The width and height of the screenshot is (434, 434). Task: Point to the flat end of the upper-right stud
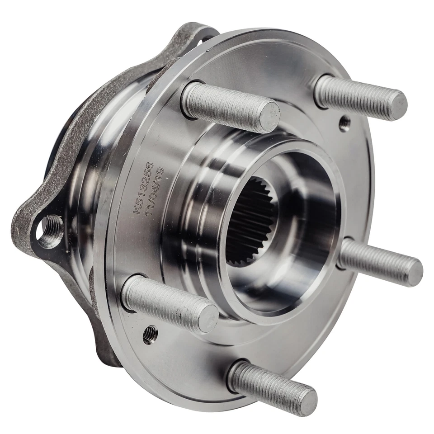pos(398,105)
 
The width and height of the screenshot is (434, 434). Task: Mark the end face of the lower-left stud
pos(208,317)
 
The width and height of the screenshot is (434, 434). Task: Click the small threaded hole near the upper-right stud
pos(345,123)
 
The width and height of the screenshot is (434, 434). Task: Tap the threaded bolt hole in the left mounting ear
pos(50,230)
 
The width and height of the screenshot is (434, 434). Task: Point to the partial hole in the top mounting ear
pos(207,36)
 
